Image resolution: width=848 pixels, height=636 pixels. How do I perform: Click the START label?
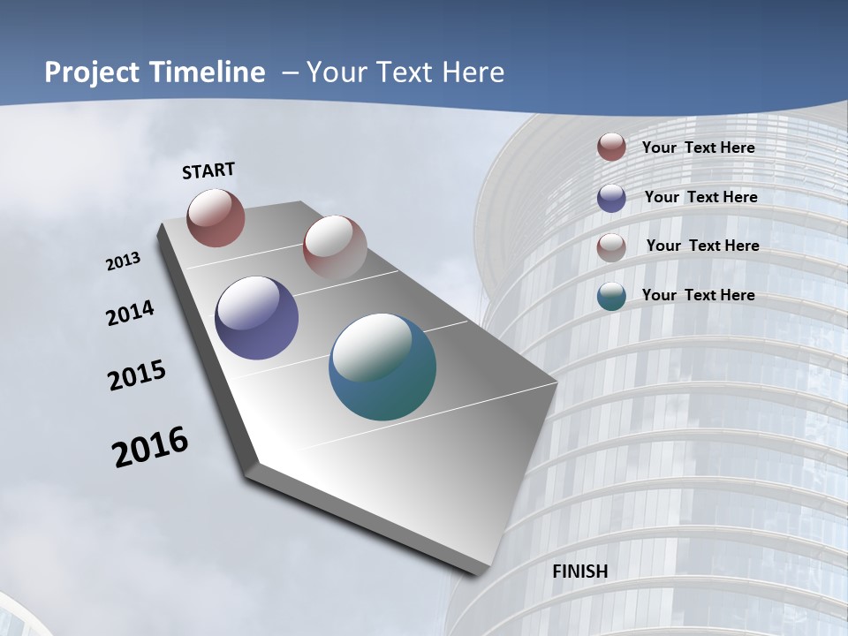tap(208, 170)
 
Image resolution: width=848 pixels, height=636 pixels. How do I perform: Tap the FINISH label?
tap(580, 572)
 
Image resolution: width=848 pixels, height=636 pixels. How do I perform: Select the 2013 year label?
tap(124, 261)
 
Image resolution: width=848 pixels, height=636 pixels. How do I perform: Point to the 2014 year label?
tap(130, 314)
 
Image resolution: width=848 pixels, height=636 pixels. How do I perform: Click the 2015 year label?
tap(137, 375)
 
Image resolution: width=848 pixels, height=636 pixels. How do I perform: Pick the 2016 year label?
tap(150, 447)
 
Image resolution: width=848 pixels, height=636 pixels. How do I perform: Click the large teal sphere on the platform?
tap(382, 367)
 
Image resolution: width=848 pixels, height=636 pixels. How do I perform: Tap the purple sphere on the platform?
tap(256, 318)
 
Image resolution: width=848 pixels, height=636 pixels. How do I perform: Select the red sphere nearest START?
tap(216, 217)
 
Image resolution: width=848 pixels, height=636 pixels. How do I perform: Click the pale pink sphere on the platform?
tap(335, 247)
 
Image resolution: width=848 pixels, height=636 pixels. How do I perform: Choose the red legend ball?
tap(611, 148)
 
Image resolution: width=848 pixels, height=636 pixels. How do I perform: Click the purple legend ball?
tap(611, 198)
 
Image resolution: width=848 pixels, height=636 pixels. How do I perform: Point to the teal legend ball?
tap(611, 296)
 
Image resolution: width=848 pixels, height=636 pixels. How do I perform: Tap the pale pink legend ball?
tap(611, 246)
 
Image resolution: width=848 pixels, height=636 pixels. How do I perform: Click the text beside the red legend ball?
tap(699, 148)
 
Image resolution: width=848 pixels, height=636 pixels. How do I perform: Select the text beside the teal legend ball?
tap(699, 295)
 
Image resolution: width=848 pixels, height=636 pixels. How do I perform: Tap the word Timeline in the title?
tap(208, 72)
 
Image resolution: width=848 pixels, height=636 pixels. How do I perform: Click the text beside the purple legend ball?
tap(701, 197)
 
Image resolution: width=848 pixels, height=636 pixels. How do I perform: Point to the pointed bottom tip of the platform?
tap(481, 572)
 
